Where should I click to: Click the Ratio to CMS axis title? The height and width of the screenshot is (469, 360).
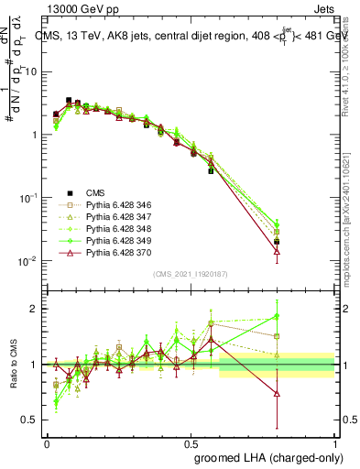pyautogui.click(x=12, y=364)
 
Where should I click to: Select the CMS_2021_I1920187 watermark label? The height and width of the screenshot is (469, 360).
pyautogui.click(x=190, y=273)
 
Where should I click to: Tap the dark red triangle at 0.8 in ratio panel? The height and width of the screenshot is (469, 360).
pyautogui.click(x=278, y=394)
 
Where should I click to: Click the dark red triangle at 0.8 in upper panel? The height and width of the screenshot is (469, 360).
pyautogui.click(x=278, y=250)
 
